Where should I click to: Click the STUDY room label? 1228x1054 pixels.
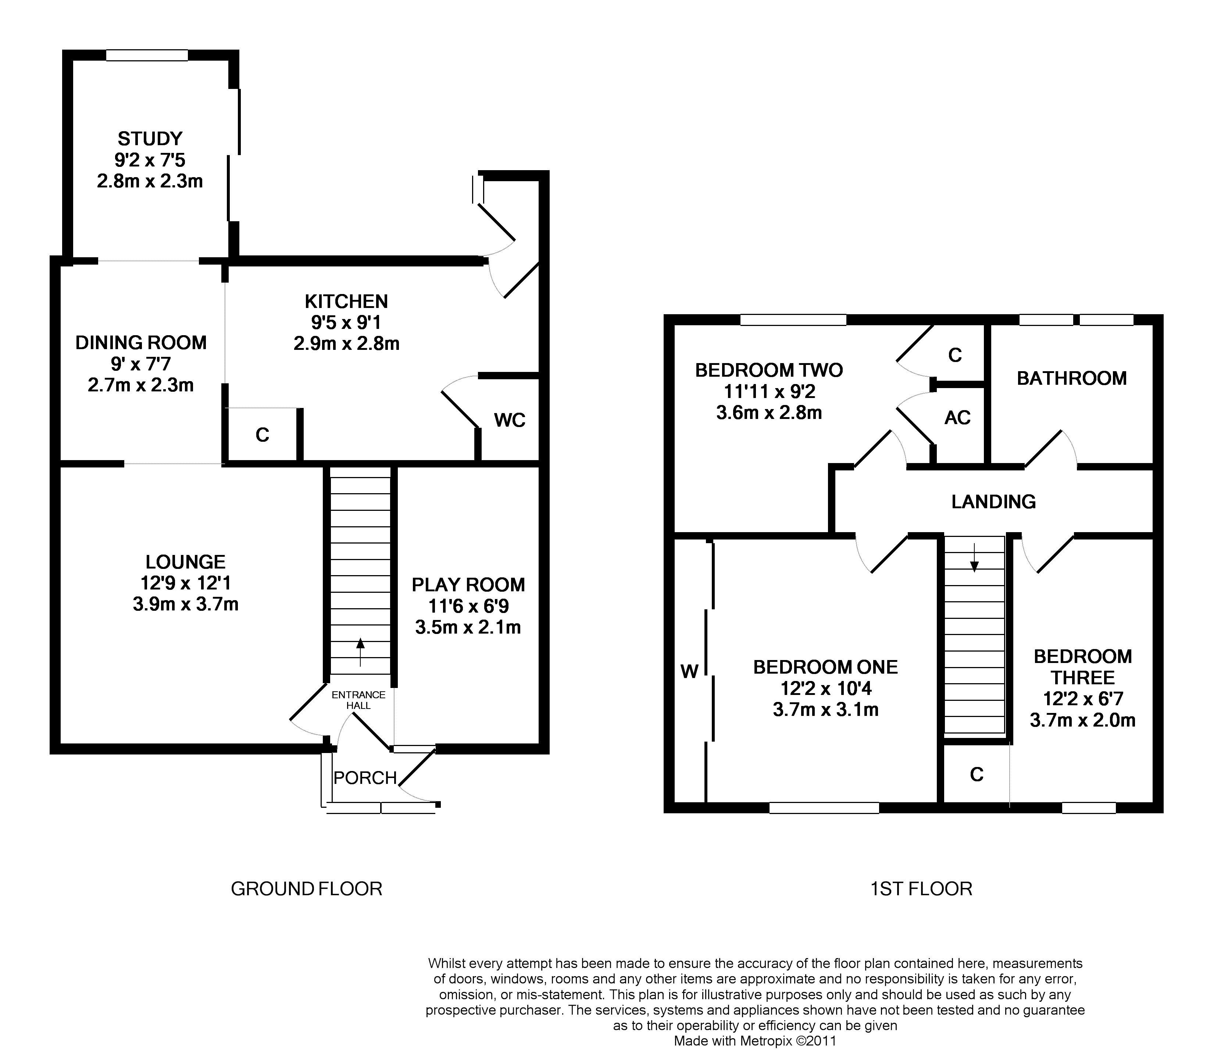click(150, 139)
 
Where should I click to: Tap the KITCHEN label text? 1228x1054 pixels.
click(346, 302)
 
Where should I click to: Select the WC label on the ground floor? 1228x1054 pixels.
click(510, 420)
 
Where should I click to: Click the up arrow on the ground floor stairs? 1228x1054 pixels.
click(360, 651)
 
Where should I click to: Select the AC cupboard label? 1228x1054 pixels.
click(957, 418)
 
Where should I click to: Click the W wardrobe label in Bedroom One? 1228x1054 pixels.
click(689, 671)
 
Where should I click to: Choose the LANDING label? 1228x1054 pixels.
click(993, 502)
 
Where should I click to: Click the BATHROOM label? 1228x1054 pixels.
click(1071, 379)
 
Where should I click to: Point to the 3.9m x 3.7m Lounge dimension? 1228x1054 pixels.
click(186, 604)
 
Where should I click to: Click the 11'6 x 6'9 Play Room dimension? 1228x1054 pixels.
click(468, 606)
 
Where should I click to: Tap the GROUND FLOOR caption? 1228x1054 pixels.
click(306, 889)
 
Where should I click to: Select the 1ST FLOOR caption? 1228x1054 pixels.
click(921, 889)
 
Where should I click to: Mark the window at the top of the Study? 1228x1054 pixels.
click(147, 55)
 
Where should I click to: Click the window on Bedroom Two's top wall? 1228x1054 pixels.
click(793, 320)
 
